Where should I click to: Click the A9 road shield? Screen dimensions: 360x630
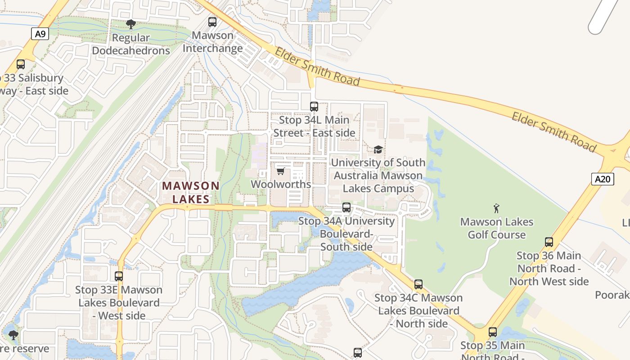(40, 34)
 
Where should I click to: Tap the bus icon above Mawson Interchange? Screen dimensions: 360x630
(212, 22)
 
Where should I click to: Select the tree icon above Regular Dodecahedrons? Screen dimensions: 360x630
(130, 24)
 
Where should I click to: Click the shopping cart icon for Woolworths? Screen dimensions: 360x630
(280, 171)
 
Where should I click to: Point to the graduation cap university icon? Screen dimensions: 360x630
(378, 149)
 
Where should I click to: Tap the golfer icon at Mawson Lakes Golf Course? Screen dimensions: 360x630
(496, 208)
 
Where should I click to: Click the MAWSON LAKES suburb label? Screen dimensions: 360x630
(191, 192)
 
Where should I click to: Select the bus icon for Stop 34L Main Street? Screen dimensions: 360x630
(314, 107)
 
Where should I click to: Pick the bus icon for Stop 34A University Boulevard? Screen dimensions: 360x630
(346, 207)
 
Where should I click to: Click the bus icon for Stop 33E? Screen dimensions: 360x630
(119, 276)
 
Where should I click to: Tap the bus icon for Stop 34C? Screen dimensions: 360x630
(418, 284)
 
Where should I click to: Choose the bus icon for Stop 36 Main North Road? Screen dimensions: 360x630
(549, 242)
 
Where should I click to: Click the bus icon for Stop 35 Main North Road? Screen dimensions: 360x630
(493, 332)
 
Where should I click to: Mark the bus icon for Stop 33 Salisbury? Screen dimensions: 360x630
(21, 64)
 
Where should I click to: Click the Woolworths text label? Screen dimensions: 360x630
(281, 184)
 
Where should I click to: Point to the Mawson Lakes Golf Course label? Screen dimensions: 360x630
(497, 228)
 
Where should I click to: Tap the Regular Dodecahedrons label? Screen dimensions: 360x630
(131, 44)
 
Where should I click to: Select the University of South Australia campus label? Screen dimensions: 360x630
(378, 175)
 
